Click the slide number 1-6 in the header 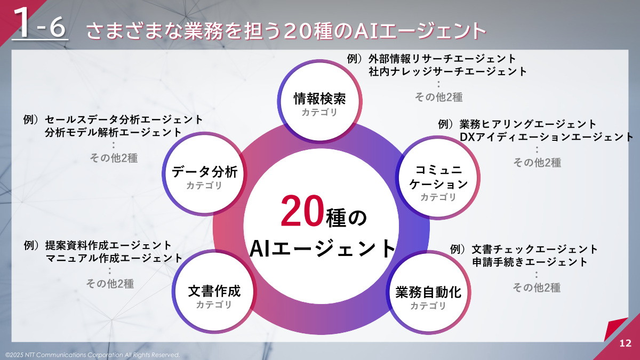(x=40, y=25)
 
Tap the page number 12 (x=626, y=343)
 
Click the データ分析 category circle (x=204, y=175)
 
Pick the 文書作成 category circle (x=214, y=295)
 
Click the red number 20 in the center (x=300, y=211)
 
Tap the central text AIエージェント (x=323, y=249)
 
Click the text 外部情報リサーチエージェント (x=442, y=59)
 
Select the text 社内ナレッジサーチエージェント (x=447, y=71)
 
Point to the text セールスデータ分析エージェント (x=124, y=119)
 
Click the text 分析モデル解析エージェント (x=114, y=132)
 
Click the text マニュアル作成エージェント (x=114, y=258)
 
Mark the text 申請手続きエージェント (x=530, y=262)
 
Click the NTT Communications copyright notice (x=92, y=355)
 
